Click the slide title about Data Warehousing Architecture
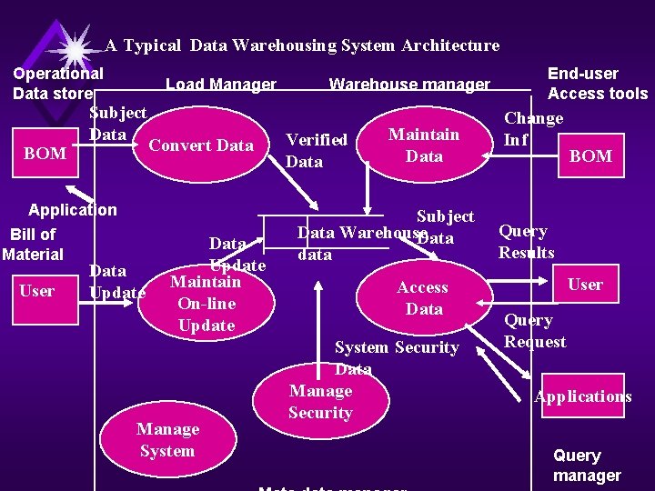click(302, 45)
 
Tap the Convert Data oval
click(201, 145)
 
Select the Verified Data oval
click(317, 150)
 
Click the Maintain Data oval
click(424, 145)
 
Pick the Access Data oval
click(422, 298)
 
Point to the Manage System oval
click(167, 440)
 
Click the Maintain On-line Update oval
click(207, 304)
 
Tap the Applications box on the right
click(583, 396)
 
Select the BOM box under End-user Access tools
click(590, 156)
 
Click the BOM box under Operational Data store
click(45, 154)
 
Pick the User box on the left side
click(36, 291)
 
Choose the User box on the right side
click(585, 286)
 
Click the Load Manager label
click(221, 85)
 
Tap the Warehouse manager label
click(409, 85)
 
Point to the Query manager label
click(587, 466)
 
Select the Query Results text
click(526, 242)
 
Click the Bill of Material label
click(33, 245)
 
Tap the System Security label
click(397, 347)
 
